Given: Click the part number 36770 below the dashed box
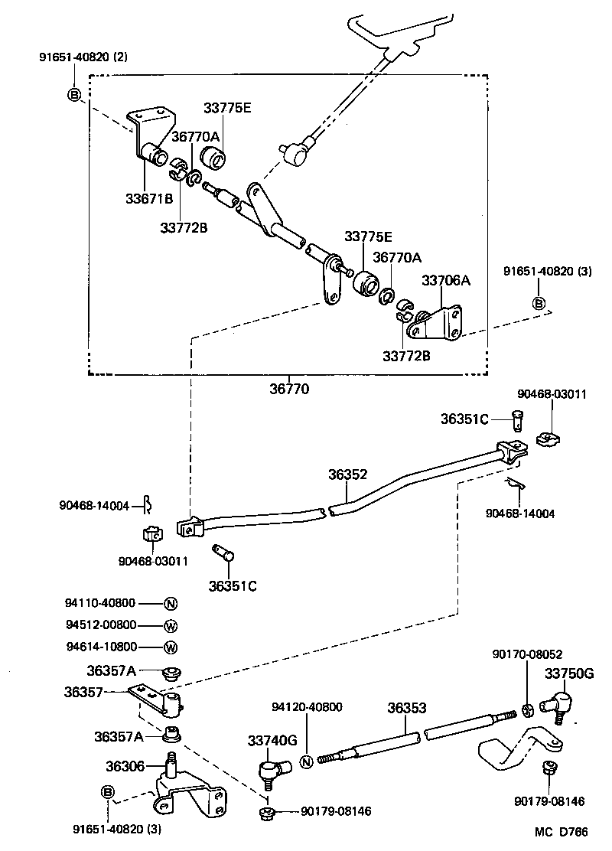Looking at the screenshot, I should [288, 389].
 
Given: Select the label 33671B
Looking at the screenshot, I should [149, 198].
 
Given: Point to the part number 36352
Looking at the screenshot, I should [349, 474].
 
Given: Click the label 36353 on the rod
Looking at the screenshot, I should [406, 708].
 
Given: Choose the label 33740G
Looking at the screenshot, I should [272, 740].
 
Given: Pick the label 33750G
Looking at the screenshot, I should [569, 673].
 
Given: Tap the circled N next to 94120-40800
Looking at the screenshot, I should [305, 761].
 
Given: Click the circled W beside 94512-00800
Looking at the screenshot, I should [170, 625].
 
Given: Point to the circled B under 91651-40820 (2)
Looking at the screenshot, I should [74, 95].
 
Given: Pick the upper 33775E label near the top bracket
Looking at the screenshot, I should [227, 108].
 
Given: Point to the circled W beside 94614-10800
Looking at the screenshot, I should [170, 647].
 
